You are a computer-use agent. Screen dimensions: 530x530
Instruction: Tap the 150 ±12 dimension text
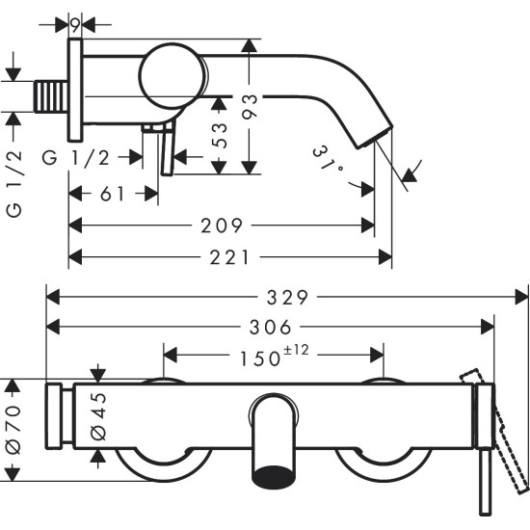tap(273, 358)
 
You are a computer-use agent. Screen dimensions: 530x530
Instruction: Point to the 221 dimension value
tap(231, 257)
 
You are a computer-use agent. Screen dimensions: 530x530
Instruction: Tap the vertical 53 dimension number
tap(220, 136)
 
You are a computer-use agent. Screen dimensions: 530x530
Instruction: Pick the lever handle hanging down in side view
tap(168, 154)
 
